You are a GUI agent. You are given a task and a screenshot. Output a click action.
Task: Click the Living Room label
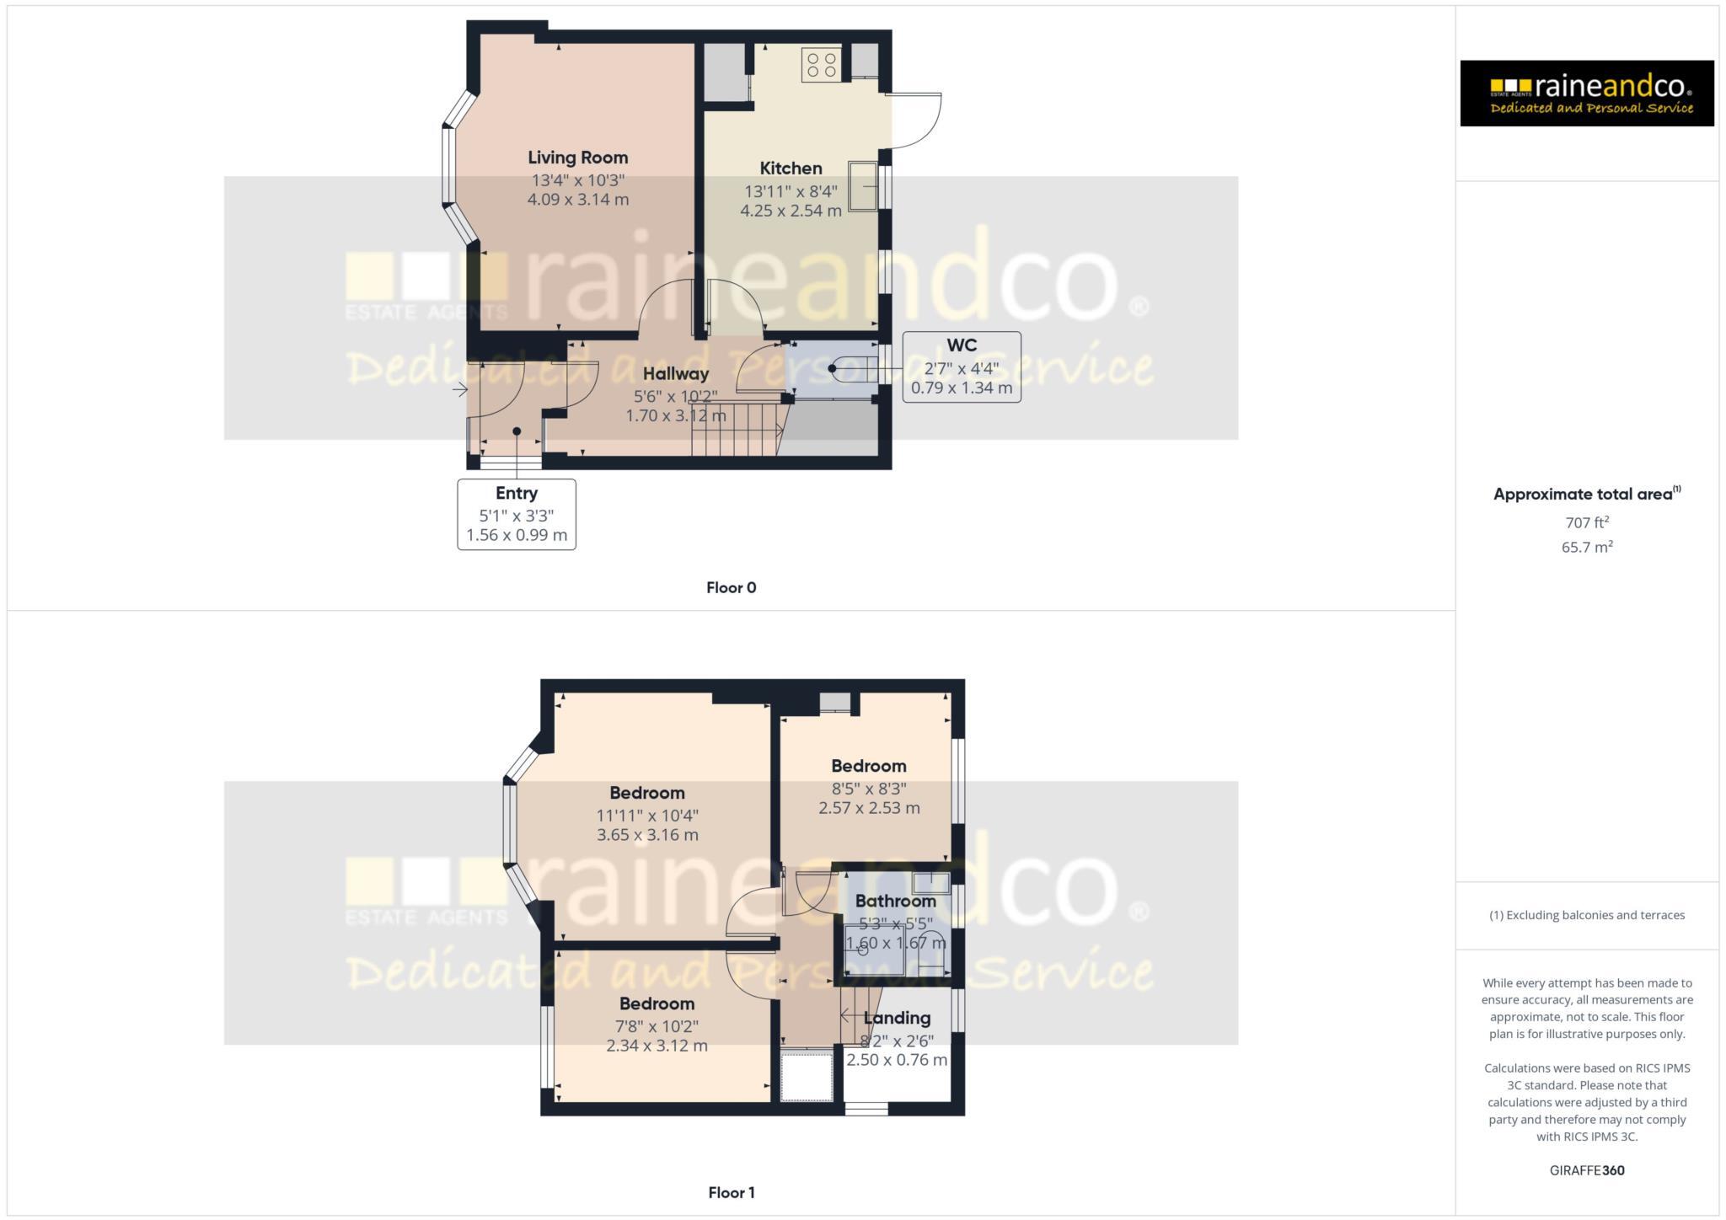tap(577, 158)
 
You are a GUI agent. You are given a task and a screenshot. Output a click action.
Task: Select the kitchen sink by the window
tap(863, 185)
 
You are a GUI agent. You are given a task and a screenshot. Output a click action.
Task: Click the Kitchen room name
tap(791, 169)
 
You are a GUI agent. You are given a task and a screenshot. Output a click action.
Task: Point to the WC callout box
tap(962, 367)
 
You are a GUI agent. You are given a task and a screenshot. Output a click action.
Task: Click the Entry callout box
tap(517, 514)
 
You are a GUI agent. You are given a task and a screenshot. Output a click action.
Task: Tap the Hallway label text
tap(676, 373)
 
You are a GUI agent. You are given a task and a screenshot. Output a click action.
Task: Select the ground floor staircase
tap(737, 430)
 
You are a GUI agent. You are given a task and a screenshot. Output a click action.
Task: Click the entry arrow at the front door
tap(460, 389)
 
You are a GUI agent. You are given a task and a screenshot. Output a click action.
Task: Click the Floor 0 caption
tap(731, 588)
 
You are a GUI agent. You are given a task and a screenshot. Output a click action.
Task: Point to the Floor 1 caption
tap(731, 1192)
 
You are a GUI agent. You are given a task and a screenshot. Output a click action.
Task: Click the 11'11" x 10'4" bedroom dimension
tap(647, 816)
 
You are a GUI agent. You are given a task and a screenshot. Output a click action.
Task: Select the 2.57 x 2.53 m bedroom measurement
tap(869, 808)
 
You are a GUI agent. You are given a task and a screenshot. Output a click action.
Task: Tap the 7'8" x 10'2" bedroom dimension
tap(657, 1026)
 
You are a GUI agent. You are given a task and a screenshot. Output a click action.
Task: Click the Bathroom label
tap(895, 902)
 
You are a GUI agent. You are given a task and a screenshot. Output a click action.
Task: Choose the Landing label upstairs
tap(897, 1019)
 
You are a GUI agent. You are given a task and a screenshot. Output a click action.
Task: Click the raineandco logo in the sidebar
tap(1586, 93)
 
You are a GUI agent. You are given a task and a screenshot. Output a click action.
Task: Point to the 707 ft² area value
tap(1587, 522)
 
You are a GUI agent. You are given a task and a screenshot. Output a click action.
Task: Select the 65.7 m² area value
tap(1587, 547)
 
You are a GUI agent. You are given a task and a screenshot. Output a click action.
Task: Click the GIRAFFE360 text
tap(1587, 1170)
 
